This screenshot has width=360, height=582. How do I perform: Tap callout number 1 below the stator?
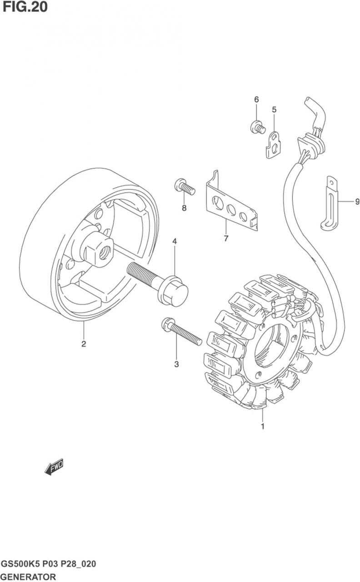262,426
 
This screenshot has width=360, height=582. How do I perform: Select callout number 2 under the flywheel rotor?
84,344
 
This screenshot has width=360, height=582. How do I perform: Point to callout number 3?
176,364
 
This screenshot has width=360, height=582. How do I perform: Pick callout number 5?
274,109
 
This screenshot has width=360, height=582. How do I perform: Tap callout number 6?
256,99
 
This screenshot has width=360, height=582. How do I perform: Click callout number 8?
184,208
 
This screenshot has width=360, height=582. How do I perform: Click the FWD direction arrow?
54,467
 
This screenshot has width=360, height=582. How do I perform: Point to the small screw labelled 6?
258,127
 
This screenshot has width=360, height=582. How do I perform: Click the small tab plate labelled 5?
274,145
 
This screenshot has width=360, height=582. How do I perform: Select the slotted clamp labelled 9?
331,204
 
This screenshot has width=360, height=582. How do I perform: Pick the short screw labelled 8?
184,186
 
